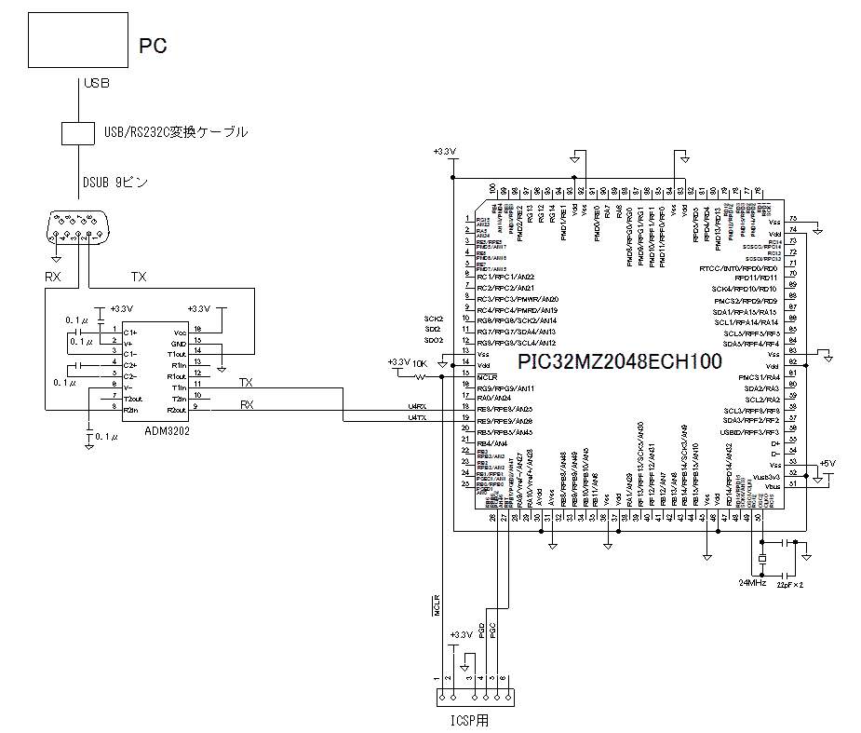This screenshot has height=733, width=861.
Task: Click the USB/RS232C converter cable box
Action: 77,132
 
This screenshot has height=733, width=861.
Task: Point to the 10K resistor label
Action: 420,362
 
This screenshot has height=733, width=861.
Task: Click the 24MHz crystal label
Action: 751,582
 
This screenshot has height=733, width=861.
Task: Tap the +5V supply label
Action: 827,463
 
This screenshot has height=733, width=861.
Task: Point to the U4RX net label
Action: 417,407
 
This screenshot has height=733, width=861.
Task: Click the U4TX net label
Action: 417,418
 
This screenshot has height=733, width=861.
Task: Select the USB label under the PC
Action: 97,84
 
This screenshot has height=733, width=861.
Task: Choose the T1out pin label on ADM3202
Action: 176,354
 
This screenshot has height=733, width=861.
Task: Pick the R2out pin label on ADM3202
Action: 176,409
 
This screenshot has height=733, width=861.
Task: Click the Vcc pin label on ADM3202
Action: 179,333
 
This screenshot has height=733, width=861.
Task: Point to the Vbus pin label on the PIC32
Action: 772,485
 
